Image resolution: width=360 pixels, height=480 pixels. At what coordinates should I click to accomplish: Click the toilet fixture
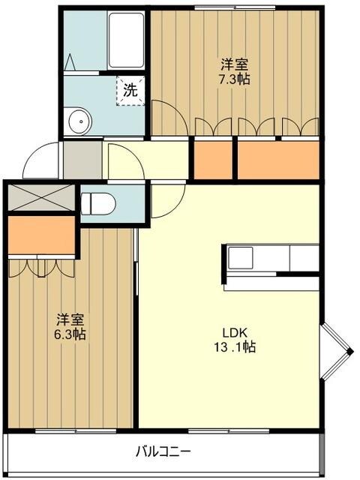[98, 203]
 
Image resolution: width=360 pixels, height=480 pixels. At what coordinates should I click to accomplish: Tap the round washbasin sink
[80, 121]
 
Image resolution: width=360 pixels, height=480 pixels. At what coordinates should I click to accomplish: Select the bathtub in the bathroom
[126, 40]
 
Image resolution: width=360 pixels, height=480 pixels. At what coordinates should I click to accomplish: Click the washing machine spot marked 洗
[130, 91]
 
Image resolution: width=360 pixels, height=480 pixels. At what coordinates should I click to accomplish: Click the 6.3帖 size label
[70, 334]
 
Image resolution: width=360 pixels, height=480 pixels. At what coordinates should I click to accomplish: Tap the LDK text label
[235, 332]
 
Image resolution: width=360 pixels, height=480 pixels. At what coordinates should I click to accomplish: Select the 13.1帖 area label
[235, 347]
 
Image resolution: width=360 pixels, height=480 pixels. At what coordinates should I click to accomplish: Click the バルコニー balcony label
[163, 451]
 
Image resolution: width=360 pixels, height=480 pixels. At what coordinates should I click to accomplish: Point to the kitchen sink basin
[241, 258]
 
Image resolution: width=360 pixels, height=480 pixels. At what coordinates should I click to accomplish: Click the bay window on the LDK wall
[336, 352]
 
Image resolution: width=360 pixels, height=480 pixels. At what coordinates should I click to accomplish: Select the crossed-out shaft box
[41, 197]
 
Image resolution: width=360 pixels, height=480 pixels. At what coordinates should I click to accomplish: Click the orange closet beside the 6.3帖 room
[41, 235]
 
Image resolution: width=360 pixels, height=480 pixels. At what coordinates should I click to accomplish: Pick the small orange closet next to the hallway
[213, 160]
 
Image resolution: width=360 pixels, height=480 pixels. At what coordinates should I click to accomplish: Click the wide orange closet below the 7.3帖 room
[278, 160]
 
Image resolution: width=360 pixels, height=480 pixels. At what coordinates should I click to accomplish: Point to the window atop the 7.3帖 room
[235, 8]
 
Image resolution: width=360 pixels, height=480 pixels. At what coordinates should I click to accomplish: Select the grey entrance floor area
[82, 160]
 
